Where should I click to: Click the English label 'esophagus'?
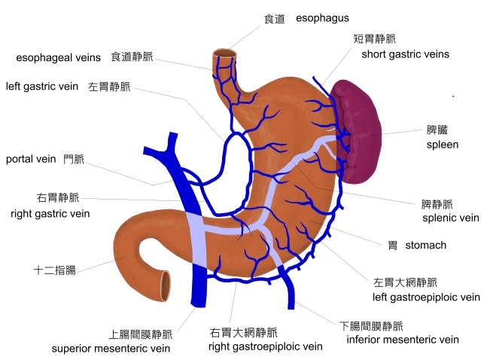[x=323, y=18]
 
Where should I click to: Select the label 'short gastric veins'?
[x=405, y=54]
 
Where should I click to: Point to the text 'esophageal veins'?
[x=59, y=57]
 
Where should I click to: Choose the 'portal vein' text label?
[x=31, y=159]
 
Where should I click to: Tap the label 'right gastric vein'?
[x=50, y=214]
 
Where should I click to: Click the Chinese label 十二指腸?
[x=54, y=269]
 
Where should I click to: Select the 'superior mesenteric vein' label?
[x=111, y=349]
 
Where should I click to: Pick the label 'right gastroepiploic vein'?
[x=266, y=347]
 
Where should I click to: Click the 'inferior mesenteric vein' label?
[x=403, y=340]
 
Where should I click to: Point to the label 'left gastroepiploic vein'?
[x=427, y=297]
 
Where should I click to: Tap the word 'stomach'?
[x=426, y=246]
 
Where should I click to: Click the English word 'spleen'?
[x=443, y=144]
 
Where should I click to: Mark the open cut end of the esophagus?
[x=224, y=54]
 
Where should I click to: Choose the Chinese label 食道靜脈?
[x=132, y=56]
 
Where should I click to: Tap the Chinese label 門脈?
[x=74, y=159]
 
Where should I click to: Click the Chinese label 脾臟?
[x=438, y=130]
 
